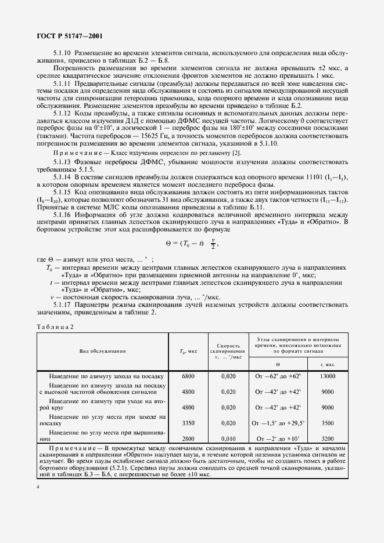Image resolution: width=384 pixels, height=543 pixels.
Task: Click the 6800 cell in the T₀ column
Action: pos(188,377)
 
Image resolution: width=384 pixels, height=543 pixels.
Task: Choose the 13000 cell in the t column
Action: pos(327,377)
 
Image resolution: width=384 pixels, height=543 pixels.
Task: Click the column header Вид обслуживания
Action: pos(107,351)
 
